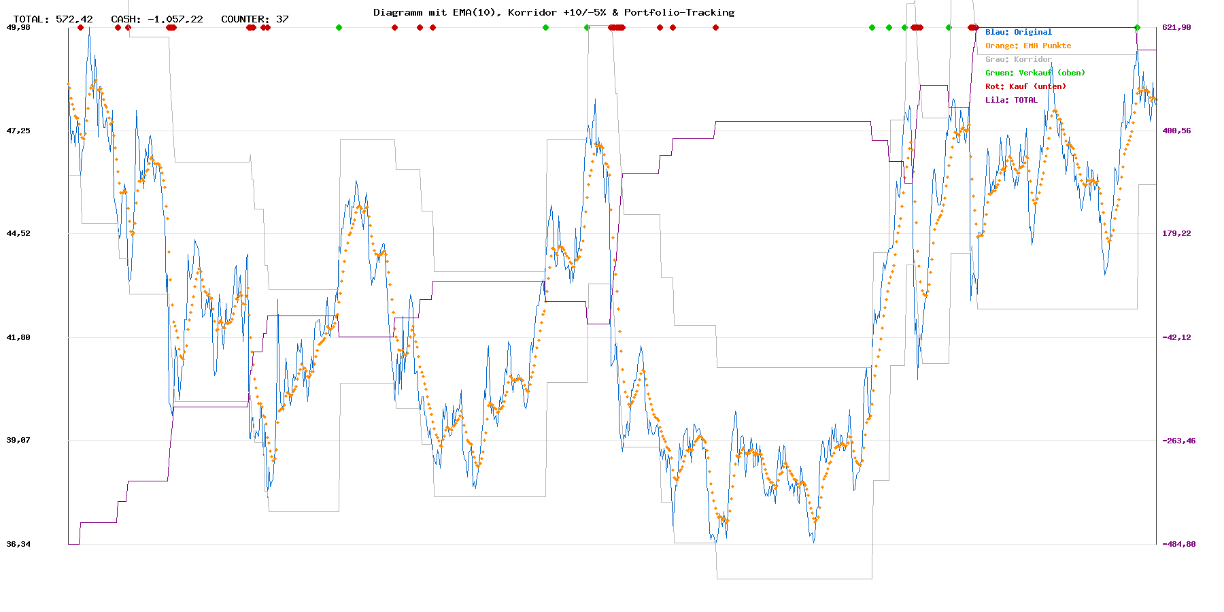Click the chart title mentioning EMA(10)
554,12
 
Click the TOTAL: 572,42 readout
53,19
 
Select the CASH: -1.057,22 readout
157,19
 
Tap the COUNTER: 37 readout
255,19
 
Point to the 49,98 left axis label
18,27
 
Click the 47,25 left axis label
18,131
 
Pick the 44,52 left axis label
18,233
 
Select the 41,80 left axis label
18,337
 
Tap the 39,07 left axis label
18,440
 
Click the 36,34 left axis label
18,544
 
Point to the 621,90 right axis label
1176,27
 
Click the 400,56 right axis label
1176,131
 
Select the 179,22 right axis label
1176,233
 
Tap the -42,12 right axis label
1176,337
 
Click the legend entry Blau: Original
1018,32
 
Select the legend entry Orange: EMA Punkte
1027,46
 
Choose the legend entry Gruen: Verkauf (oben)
1035,73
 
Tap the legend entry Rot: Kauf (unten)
1025,86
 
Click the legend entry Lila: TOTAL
1011,100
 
